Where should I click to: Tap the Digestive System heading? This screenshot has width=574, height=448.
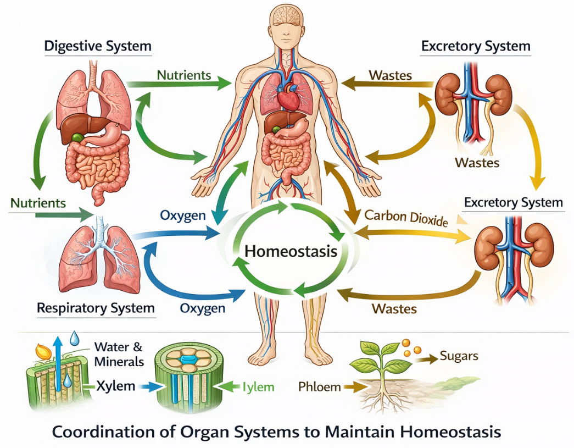(98, 46)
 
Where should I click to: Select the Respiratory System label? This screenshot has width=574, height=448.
(96, 307)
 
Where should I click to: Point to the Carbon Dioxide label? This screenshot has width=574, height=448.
(406, 218)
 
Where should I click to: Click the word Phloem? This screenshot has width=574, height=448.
(319, 386)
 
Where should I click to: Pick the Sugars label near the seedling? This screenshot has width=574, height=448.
(459, 356)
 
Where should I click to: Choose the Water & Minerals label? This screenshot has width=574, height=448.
(119, 354)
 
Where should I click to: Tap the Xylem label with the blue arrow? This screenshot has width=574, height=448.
(115, 386)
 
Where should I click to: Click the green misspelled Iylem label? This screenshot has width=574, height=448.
(258, 388)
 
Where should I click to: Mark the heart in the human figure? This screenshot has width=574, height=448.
(287, 99)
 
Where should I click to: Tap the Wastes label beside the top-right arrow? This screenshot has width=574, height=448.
(391, 74)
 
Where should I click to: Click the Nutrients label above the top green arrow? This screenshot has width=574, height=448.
(184, 74)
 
